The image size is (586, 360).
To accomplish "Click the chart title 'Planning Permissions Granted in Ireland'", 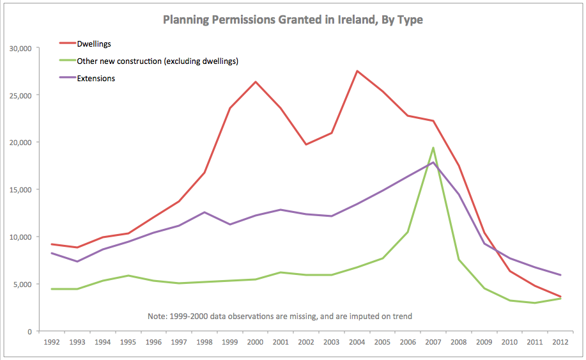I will (293, 20).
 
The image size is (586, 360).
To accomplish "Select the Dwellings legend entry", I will (94, 43).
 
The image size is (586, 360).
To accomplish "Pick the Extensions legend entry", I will (95, 79).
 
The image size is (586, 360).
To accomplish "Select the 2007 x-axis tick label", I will (433, 342).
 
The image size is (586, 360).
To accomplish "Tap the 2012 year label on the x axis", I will (560, 342).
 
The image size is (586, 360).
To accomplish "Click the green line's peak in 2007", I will (433, 148).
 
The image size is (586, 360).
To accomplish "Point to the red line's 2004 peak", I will (357, 71).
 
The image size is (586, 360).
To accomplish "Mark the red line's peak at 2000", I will (255, 82).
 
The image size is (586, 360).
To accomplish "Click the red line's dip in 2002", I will (306, 145).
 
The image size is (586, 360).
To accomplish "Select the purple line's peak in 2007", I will (433, 162).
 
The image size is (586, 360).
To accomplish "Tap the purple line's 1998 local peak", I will (204, 212).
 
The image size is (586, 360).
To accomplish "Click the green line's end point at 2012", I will (560, 299).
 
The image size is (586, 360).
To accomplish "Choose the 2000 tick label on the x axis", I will (255, 342).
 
